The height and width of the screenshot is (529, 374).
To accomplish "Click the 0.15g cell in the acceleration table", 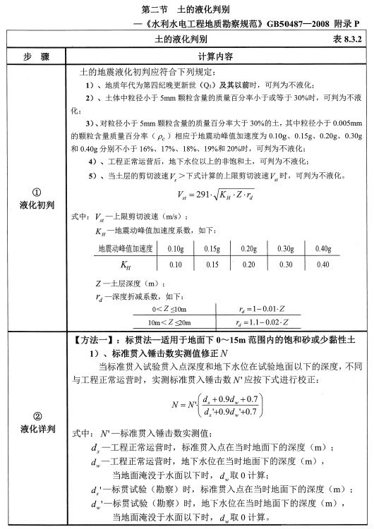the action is (212, 248).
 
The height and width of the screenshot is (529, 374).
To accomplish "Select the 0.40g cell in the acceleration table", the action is (322, 248).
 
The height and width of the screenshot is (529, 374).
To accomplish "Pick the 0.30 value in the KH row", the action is (286, 264).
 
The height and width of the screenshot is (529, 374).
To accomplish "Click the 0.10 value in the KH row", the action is (174, 264).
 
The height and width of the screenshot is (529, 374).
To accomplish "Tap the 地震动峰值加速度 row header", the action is (124, 248).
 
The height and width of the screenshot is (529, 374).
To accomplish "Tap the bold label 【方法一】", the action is (97, 340).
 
